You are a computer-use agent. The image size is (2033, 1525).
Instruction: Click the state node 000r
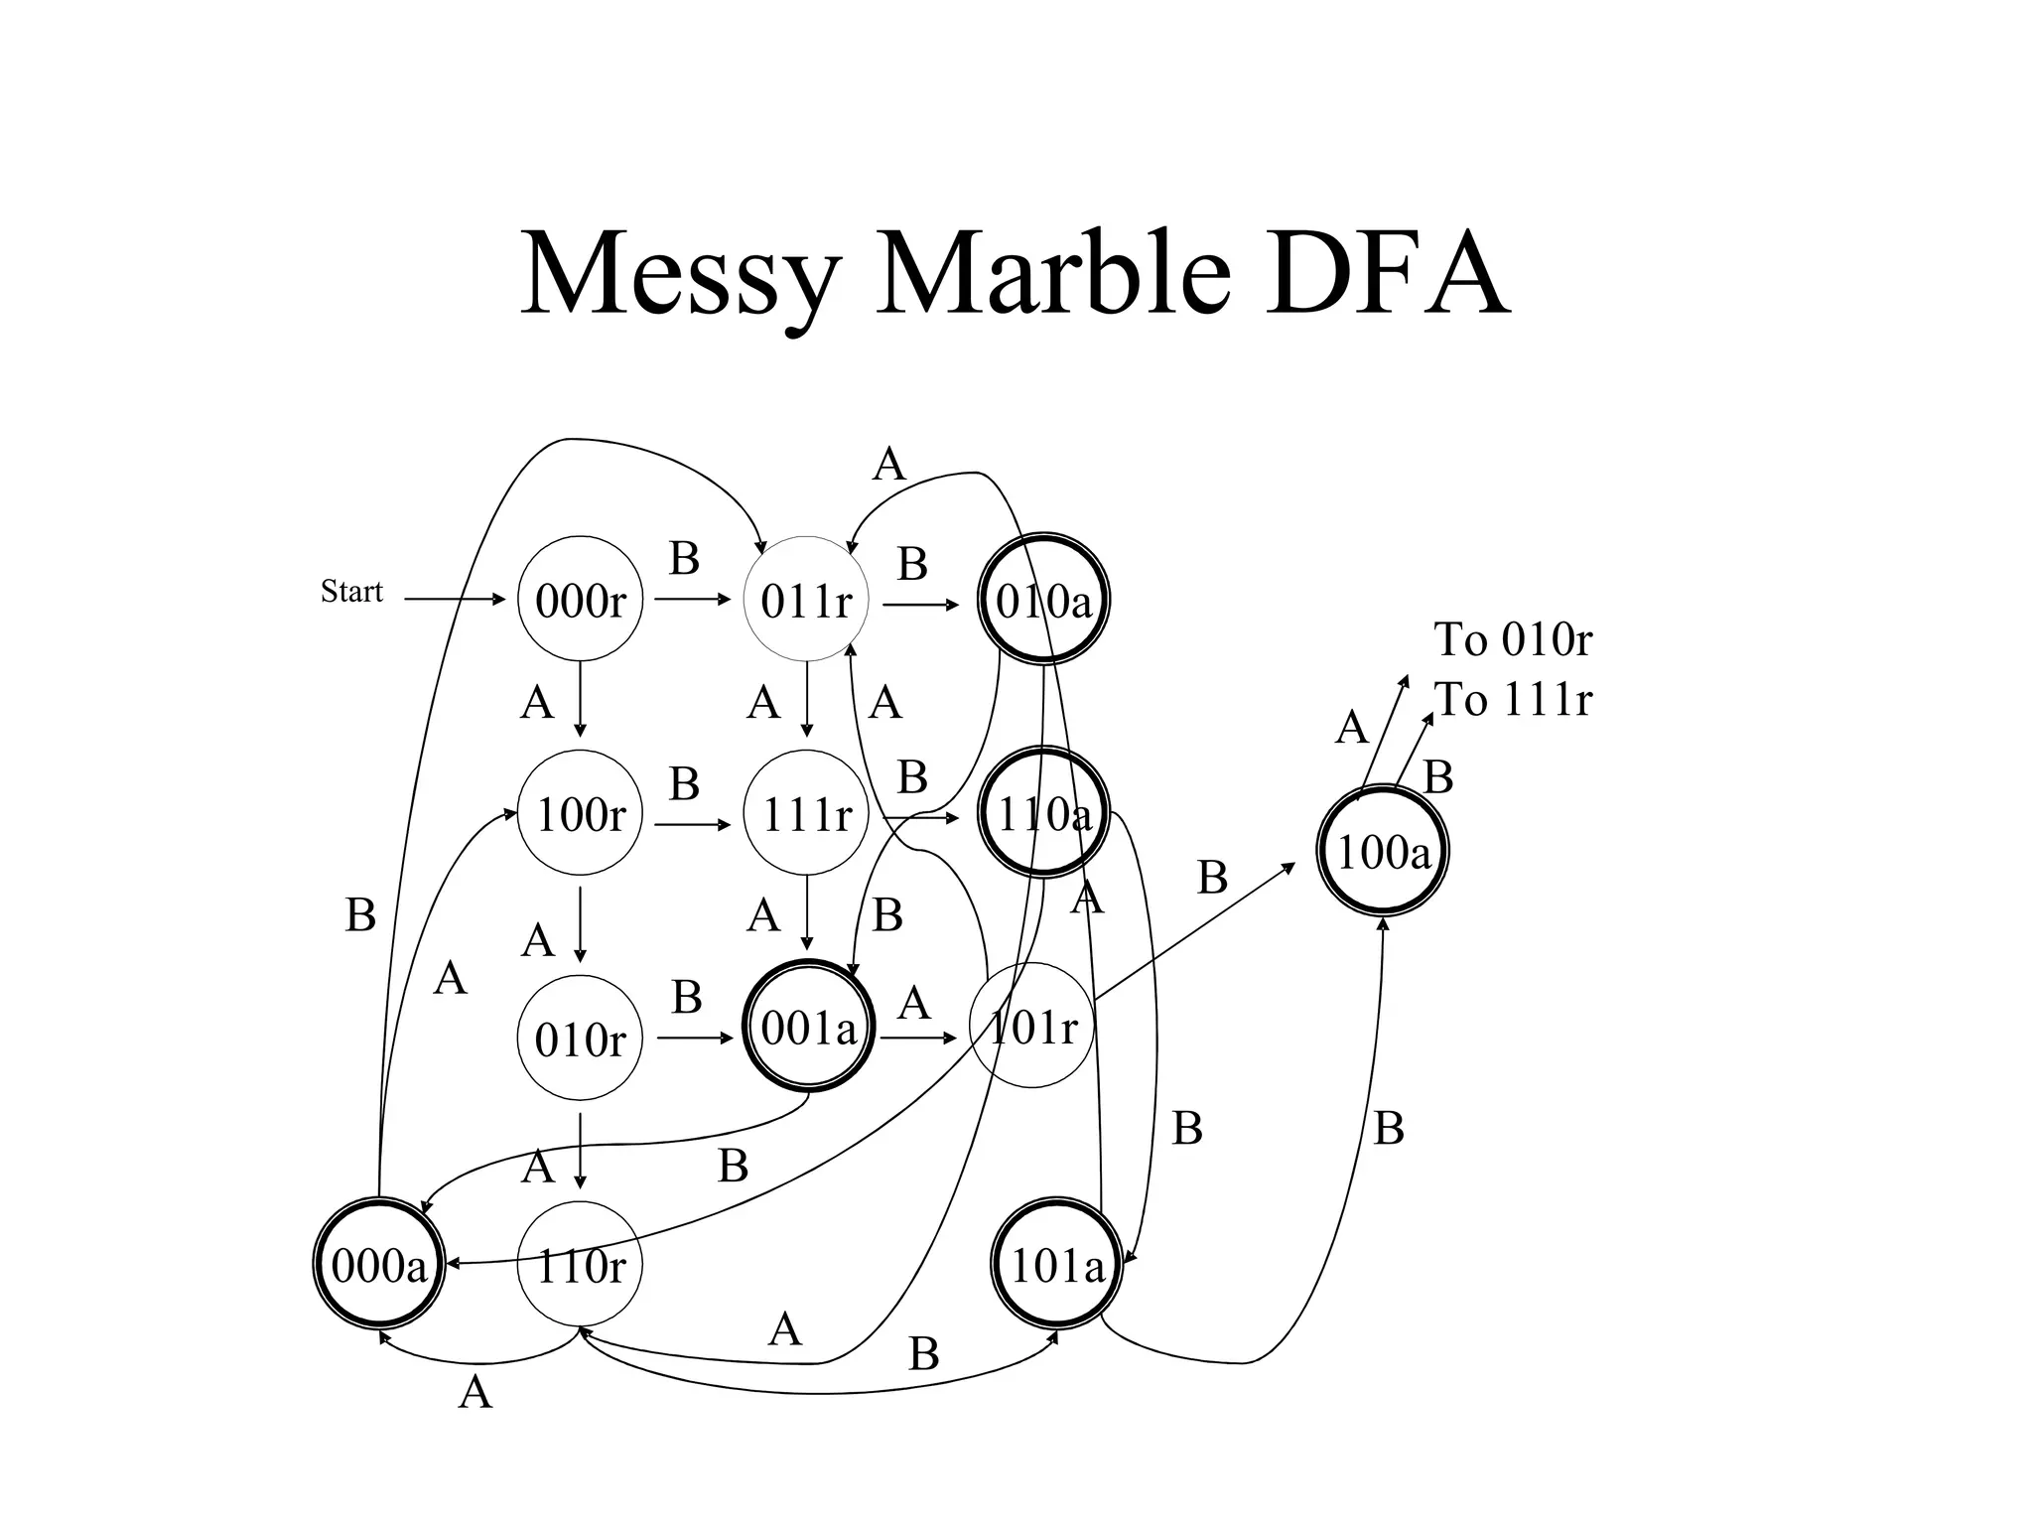click(x=580, y=600)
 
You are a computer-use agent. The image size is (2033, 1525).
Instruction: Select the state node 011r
click(x=806, y=600)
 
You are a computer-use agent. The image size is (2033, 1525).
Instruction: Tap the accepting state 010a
click(x=1043, y=600)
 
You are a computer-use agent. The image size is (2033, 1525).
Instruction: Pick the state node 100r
click(x=580, y=813)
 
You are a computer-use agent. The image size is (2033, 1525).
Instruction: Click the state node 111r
click(x=806, y=813)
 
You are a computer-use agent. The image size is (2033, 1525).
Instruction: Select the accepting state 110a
click(x=1043, y=813)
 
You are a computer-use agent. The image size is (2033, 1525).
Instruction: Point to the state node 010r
click(x=580, y=1039)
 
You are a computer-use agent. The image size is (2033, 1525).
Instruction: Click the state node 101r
click(x=1031, y=1026)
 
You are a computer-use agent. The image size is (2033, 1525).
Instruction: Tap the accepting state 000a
click(x=378, y=1264)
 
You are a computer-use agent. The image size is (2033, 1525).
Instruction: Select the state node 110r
click(x=580, y=1264)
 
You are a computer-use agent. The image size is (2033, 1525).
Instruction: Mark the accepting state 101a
click(x=1057, y=1264)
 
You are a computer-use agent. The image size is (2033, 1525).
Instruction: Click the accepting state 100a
click(x=1383, y=851)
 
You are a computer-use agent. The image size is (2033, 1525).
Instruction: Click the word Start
click(x=351, y=592)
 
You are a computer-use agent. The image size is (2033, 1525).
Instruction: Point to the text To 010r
click(x=1512, y=639)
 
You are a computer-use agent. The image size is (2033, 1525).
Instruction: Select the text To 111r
click(x=1512, y=699)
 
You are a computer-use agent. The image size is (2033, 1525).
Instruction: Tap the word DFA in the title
click(x=1387, y=272)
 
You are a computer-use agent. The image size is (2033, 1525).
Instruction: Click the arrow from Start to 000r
click(x=455, y=600)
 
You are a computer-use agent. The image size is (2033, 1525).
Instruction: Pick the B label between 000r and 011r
click(x=684, y=559)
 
